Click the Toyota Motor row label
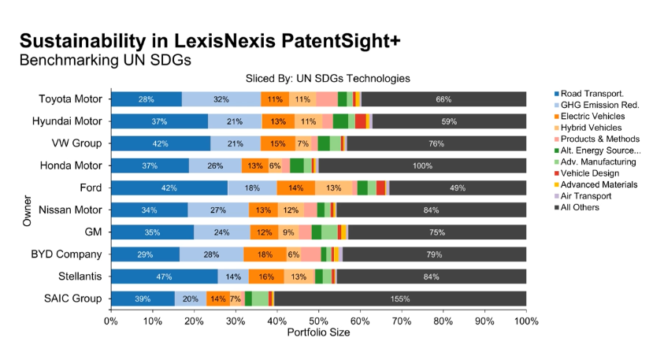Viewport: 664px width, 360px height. [70, 99]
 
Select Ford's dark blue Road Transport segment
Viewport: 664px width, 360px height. [169, 188]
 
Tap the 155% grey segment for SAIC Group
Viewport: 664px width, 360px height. [400, 299]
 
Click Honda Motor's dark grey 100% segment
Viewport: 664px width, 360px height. [423, 165]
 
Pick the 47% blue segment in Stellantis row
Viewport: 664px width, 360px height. [165, 276]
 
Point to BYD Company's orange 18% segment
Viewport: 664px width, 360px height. [265, 254]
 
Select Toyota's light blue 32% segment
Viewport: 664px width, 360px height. [221, 99]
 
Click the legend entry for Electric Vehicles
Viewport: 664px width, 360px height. [589, 117]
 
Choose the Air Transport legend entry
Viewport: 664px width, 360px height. [583, 196]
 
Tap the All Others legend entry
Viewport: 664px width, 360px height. [577, 207]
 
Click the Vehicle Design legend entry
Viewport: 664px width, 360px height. [587, 173]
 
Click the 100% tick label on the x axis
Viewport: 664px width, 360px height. [526, 321]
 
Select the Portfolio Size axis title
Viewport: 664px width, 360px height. [318, 332]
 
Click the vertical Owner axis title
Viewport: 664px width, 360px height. [27, 210]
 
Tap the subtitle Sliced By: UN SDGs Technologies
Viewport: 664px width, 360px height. [328, 79]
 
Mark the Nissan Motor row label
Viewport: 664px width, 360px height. [70, 210]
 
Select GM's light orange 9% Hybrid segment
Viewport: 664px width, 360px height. [288, 232]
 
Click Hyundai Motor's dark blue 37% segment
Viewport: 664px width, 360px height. [160, 121]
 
